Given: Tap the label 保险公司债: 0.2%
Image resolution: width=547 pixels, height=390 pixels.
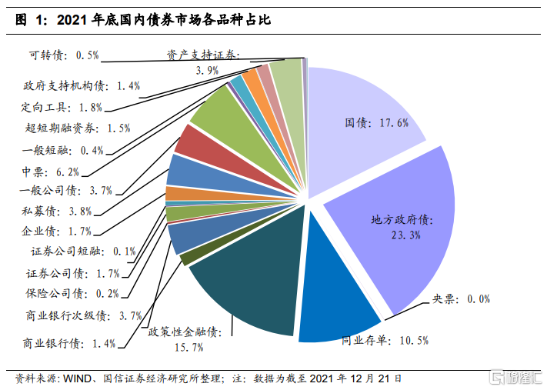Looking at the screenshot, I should point(72,292).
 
